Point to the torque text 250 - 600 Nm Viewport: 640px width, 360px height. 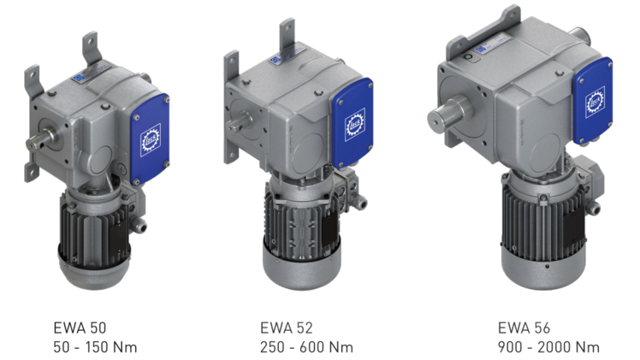pyautogui.click(x=306, y=346)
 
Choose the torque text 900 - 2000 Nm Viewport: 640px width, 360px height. pyautogui.click(x=548, y=346)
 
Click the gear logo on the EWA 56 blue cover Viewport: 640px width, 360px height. pyautogui.click(x=592, y=101)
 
